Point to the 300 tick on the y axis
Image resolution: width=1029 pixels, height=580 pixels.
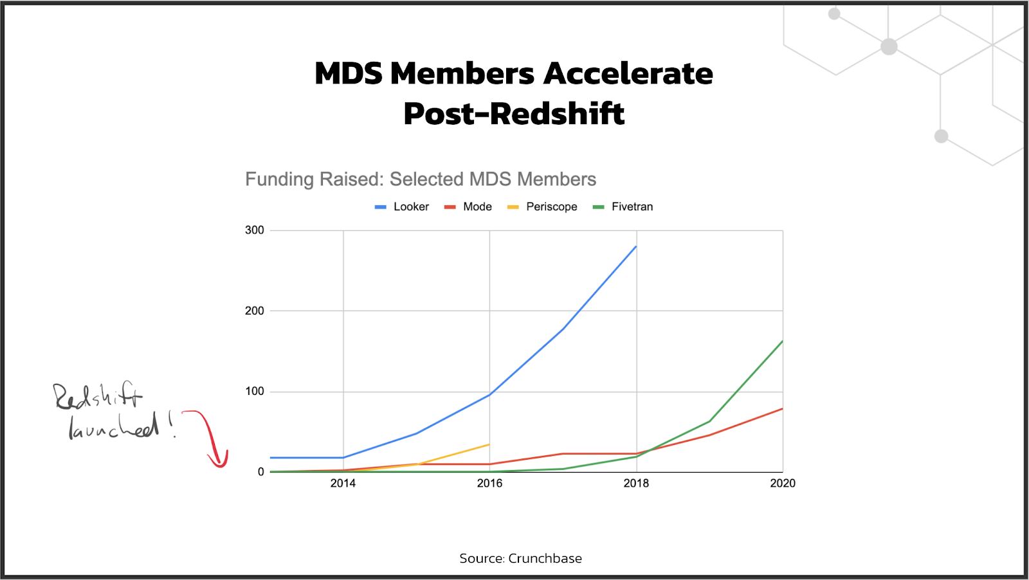pyautogui.click(x=255, y=230)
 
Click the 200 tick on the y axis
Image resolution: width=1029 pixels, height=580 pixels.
pyautogui.click(x=255, y=311)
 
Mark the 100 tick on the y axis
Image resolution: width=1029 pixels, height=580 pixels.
pyautogui.click(x=255, y=391)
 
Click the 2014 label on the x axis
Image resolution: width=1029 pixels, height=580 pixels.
pyautogui.click(x=343, y=484)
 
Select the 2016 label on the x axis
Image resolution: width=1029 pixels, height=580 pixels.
pyautogui.click(x=489, y=484)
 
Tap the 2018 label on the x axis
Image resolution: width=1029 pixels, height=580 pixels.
pyautogui.click(x=636, y=484)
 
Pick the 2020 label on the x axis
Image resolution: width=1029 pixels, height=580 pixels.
pyautogui.click(x=783, y=484)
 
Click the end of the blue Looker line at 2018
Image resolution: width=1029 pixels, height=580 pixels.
pyautogui.click(x=636, y=246)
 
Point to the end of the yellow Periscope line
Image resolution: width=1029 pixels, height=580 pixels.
pyautogui.click(x=489, y=444)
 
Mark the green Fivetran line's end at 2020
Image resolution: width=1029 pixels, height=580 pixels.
pyautogui.click(x=783, y=341)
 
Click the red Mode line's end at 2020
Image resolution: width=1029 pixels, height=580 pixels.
pyautogui.click(x=783, y=408)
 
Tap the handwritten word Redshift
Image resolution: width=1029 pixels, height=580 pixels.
pyautogui.click(x=98, y=396)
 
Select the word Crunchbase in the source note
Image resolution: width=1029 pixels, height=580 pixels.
pyautogui.click(x=545, y=559)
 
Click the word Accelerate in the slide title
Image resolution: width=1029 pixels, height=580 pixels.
pyautogui.click(x=628, y=74)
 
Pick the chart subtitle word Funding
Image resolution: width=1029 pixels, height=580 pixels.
pyautogui.click(x=280, y=179)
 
